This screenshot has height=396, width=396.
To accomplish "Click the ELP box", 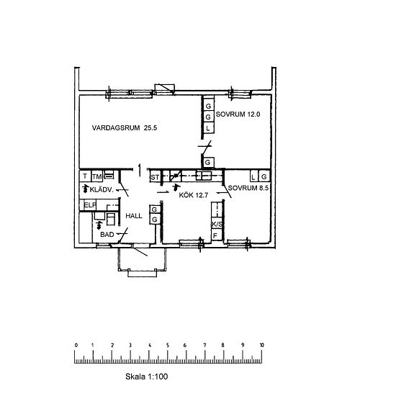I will tap(89, 205).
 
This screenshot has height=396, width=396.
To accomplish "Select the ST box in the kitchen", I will tap(154, 176).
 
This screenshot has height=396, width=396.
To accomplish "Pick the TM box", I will tap(96, 176).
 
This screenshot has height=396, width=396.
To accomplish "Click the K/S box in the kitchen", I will tap(216, 224).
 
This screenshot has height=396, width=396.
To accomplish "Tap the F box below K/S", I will tap(215, 235).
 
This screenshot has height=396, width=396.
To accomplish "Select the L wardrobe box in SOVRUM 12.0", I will tap(208, 127).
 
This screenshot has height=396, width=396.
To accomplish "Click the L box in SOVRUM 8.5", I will tap(253, 176).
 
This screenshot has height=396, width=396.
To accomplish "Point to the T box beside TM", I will tap(84, 176).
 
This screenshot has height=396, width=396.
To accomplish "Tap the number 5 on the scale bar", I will tap(168, 346).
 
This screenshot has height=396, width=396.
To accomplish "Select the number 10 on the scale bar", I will tap(261, 346).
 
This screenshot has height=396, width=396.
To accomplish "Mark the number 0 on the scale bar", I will tap(76, 346).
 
